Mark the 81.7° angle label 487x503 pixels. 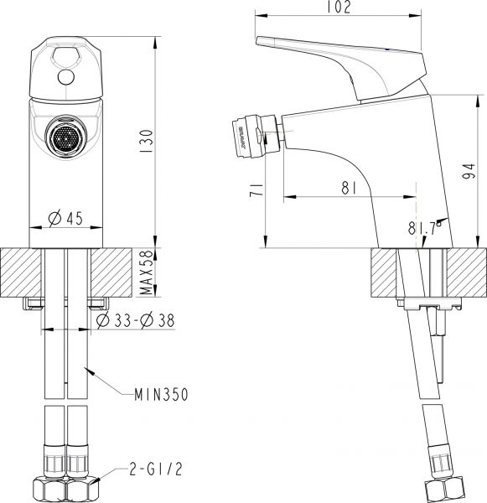424,227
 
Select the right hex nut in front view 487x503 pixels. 81,487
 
